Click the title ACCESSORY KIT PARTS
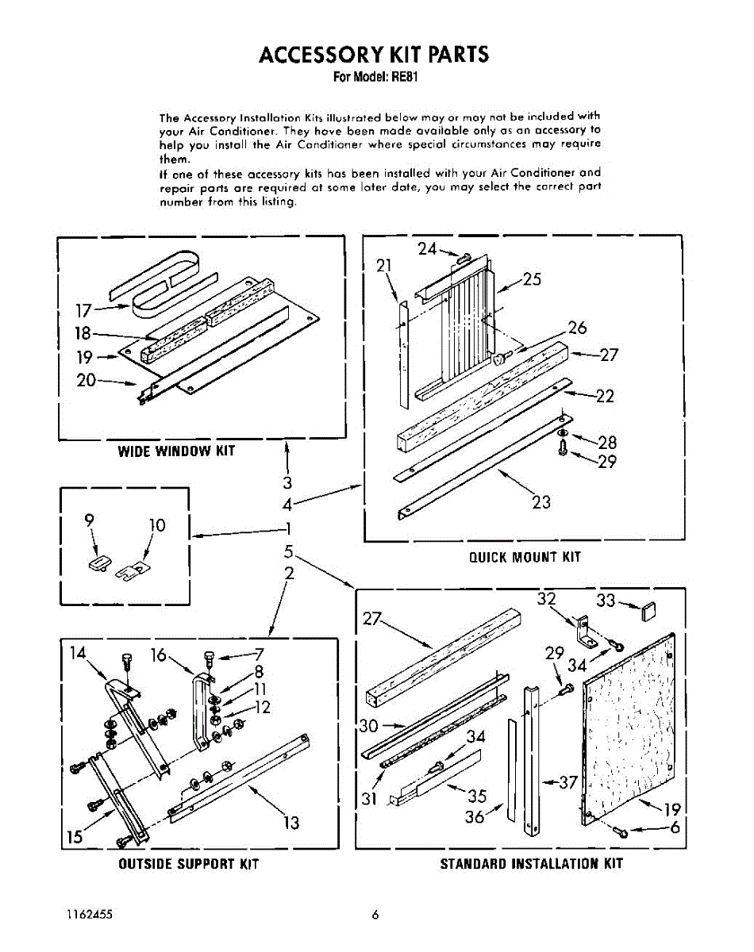coord(374,54)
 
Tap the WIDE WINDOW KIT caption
coord(176,451)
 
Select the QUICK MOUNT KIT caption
coord(525,557)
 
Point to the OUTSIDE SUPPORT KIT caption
coord(189,863)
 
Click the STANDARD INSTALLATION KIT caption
coord(531,863)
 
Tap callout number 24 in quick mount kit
coord(428,249)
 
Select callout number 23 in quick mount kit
coord(540,501)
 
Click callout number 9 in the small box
coord(90,520)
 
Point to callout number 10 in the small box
coord(156,525)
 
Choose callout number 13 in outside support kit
coord(292,823)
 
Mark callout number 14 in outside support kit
coord(78,653)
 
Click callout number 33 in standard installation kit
coord(606,601)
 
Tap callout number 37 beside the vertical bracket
coord(567,782)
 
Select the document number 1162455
coord(90,915)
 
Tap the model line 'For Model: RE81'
coord(375,78)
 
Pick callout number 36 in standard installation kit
coord(475,816)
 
